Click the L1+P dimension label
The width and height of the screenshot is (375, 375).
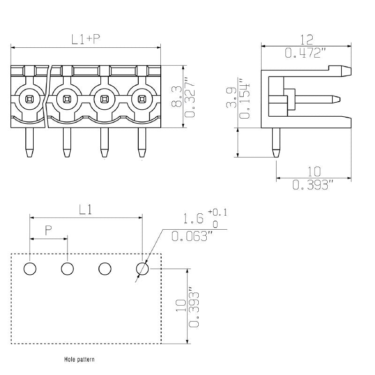[86, 39]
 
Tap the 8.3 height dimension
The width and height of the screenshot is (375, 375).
[176, 97]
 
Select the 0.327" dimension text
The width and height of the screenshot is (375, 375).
[189, 97]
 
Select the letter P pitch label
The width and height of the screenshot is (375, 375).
[48, 230]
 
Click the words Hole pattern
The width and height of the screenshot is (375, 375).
[79, 360]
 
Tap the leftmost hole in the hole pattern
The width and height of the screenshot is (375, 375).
[30, 269]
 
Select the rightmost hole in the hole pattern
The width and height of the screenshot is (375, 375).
[142, 269]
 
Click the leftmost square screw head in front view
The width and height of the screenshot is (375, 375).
[30, 99]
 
